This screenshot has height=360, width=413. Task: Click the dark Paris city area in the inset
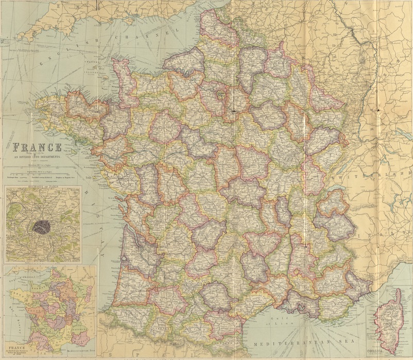pos(41,225)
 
